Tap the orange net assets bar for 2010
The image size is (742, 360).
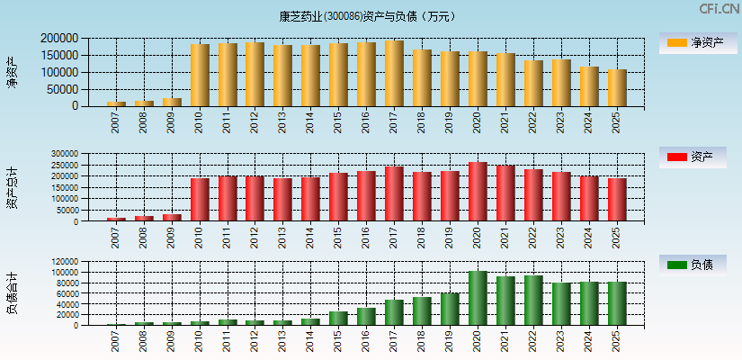pos(200,76)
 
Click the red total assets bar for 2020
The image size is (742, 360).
pos(478,192)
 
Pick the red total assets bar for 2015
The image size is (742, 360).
pos(338,197)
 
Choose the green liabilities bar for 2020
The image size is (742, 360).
pos(478,298)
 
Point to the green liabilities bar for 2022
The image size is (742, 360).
pos(533,301)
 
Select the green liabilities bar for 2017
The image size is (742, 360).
pos(394,312)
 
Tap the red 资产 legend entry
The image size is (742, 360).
pos(693,157)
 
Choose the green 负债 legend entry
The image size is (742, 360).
pos(693,265)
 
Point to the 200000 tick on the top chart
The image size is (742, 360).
pos(59,39)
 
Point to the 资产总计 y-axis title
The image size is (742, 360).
pos(13,187)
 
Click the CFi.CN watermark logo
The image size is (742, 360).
pos(719,9)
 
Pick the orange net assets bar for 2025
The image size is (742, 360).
pos(617,88)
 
